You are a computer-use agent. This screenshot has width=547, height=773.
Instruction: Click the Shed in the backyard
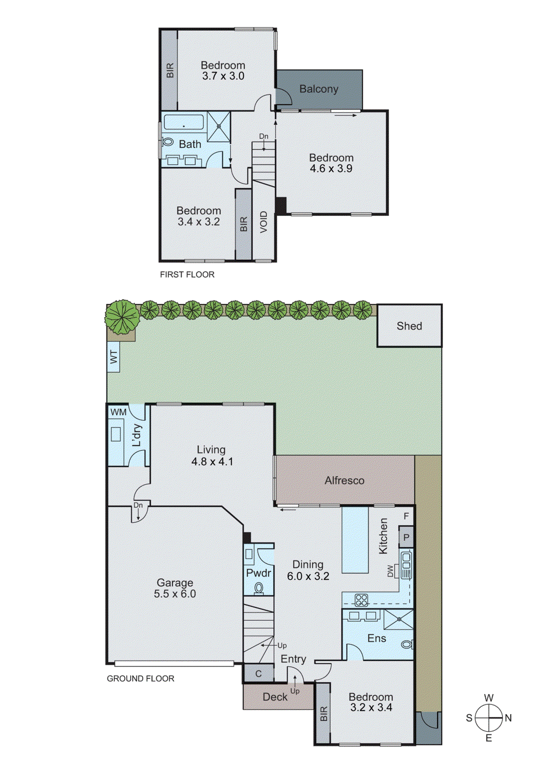[409, 326]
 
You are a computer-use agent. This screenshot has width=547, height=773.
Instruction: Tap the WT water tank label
[114, 358]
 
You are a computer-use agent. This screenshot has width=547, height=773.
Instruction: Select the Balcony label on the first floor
[319, 89]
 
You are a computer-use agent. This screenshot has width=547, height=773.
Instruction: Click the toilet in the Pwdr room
[259, 588]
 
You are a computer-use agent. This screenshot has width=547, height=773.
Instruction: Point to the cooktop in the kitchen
[361, 600]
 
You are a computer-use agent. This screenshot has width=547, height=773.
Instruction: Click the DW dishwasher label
[391, 571]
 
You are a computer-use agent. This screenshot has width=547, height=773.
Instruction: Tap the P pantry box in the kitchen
[406, 537]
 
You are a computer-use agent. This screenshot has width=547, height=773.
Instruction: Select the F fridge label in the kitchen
[406, 516]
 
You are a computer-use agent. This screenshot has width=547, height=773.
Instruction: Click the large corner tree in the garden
[122, 316]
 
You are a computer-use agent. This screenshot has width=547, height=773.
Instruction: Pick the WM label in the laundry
[118, 412]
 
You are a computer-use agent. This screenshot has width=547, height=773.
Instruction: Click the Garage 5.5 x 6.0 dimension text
[175, 594]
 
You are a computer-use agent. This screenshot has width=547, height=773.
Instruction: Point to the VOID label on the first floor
[264, 222]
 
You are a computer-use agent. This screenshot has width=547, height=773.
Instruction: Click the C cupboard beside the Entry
[258, 673]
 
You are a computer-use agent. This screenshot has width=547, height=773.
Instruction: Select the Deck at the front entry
[275, 697]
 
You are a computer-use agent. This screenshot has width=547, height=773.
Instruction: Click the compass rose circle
[489, 718]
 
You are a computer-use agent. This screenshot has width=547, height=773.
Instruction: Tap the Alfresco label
[344, 481]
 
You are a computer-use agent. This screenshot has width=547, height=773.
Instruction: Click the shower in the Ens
[399, 619]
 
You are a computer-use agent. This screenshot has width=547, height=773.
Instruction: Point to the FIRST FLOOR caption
[187, 274]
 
